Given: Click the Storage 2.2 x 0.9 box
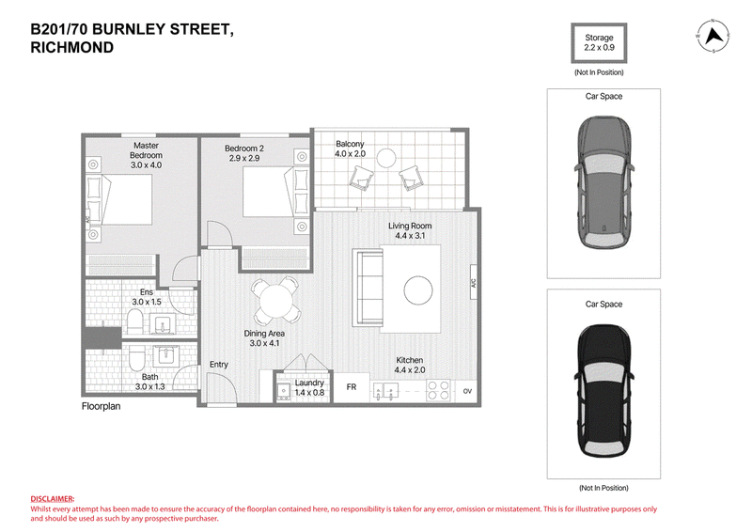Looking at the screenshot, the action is click(599, 42).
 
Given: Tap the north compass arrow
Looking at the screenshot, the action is click(713, 36).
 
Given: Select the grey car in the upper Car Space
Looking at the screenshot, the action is click(603, 182).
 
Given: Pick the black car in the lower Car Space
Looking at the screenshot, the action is click(603, 391).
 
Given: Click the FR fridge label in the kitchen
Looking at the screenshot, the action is click(351, 386).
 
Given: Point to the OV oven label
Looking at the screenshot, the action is click(467, 391).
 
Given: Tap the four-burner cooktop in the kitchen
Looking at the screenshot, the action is click(438, 390).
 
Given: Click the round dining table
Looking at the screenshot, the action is click(275, 300).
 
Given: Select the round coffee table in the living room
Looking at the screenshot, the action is click(417, 290).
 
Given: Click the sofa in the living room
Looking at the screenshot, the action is click(368, 288).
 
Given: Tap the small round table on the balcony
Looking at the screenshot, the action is click(386, 158).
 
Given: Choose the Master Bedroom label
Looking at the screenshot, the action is click(146, 155).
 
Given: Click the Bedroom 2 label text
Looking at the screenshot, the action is click(244, 149).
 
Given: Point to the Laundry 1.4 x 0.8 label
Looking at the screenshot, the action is click(309, 387).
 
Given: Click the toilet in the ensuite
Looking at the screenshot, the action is click(134, 321).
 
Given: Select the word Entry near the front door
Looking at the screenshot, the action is click(219, 365).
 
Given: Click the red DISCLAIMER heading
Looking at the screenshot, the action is click(53, 499).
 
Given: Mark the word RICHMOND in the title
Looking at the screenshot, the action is click(72, 48).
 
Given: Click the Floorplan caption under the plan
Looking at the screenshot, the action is click(101, 406).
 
